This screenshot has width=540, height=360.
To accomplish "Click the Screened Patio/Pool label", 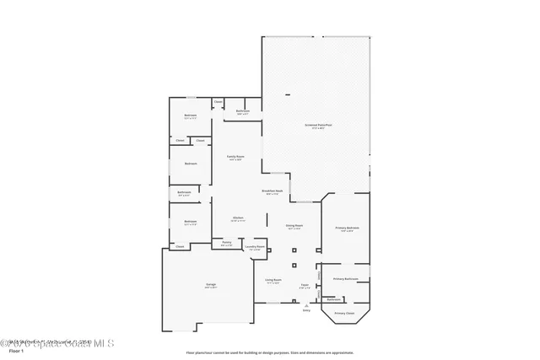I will click(x=318, y=125).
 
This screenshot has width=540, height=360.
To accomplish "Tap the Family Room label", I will click(x=235, y=157).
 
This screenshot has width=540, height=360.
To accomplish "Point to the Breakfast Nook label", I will click(x=273, y=191).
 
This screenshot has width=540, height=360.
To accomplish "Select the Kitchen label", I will click(x=238, y=218).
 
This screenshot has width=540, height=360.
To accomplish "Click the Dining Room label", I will click(x=294, y=226).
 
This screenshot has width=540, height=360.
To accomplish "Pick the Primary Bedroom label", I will click(x=347, y=228).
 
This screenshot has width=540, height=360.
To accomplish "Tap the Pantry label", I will click(x=227, y=243).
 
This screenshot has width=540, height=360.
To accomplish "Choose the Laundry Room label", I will click(x=256, y=247).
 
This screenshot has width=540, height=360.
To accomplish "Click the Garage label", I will click(x=211, y=286).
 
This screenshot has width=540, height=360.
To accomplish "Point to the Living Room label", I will click(x=273, y=280).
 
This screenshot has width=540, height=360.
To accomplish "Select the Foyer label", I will click(x=305, y=286).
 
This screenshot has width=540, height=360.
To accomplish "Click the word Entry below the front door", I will click(x=306, y=310).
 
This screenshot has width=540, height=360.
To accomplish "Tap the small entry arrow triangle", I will click(x=306, y=304).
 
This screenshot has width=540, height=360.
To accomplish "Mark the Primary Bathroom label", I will click(x=346, y=278).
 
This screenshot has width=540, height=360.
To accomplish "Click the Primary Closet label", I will click(x=344, y=313).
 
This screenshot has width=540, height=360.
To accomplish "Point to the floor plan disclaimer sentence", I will click(x=269, y=352).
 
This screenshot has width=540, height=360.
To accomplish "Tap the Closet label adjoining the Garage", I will click(x=180, y=246).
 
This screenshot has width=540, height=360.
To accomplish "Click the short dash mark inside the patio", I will click(x=288, y=94).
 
